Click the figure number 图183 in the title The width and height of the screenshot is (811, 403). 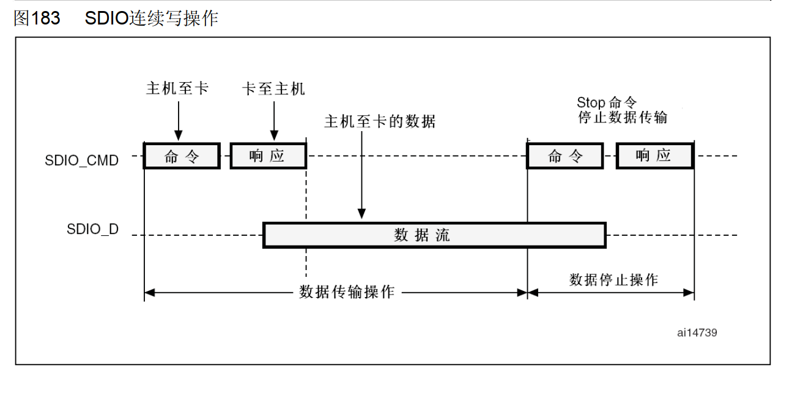37,18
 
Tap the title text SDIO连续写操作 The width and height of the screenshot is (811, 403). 151,18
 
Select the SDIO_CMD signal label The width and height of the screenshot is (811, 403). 81,161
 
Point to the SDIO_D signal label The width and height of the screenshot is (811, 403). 92,230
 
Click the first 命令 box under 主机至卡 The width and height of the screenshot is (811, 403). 182,156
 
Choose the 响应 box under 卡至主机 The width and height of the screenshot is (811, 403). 267,156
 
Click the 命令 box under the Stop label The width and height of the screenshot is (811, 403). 565,156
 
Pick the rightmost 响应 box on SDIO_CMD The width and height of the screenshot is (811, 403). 654,156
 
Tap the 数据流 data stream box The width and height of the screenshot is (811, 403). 434,235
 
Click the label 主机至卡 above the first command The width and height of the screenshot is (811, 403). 177,88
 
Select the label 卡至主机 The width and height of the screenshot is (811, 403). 273,89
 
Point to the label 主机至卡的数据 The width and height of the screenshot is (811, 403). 380,121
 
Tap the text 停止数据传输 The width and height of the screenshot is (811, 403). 623,117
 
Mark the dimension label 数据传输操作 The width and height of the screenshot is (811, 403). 347,292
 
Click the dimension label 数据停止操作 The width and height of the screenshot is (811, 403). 613,280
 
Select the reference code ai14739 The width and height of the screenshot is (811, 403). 697,333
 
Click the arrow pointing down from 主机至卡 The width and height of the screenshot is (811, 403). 178,120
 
